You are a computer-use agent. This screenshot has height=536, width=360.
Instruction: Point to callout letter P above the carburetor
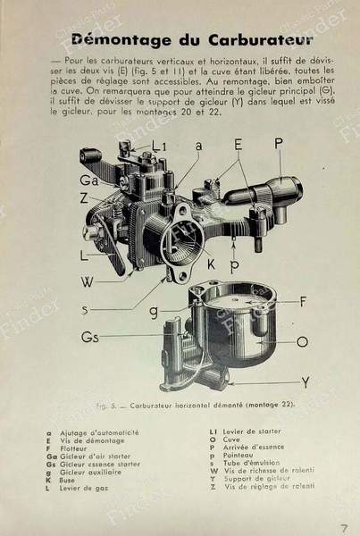[x=279, y=143]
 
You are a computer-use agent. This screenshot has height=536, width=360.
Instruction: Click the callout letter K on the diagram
[x=212, y=264]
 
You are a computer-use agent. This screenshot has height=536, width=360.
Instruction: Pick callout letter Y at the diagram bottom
[x=305, y=382]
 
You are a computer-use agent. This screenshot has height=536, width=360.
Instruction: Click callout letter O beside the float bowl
[x=302, y=340]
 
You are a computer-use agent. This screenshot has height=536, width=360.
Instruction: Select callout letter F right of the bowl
[x=303, y=301]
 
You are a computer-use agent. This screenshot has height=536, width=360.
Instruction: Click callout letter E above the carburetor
[x=239, y=143]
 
